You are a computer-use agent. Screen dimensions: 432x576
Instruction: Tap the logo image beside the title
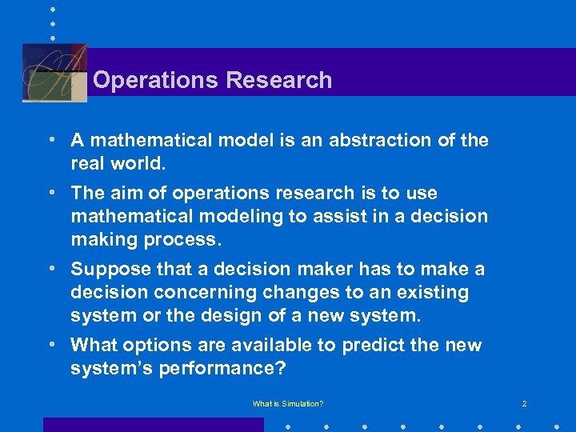pos(54,73)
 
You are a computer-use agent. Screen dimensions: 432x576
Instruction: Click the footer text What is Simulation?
pos(288,404)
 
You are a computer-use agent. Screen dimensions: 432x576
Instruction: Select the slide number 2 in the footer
pos(524,404)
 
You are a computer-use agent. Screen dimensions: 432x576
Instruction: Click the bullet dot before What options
pos(51,346)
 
